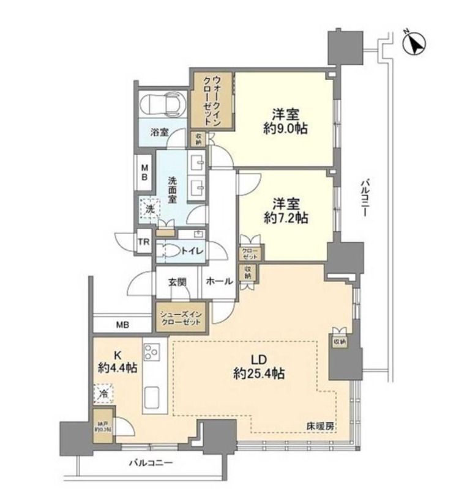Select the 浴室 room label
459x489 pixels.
pyautogui.click(x=160, y=132)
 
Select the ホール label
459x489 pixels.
pyautogui.click(x=218, y=282)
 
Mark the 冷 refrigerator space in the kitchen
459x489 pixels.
pyautogui.click(x=104, y=393)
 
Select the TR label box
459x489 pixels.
pyautogui.click(x=143, y=242)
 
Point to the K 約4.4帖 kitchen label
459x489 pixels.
pyautogui.click(x=116, y=362)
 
